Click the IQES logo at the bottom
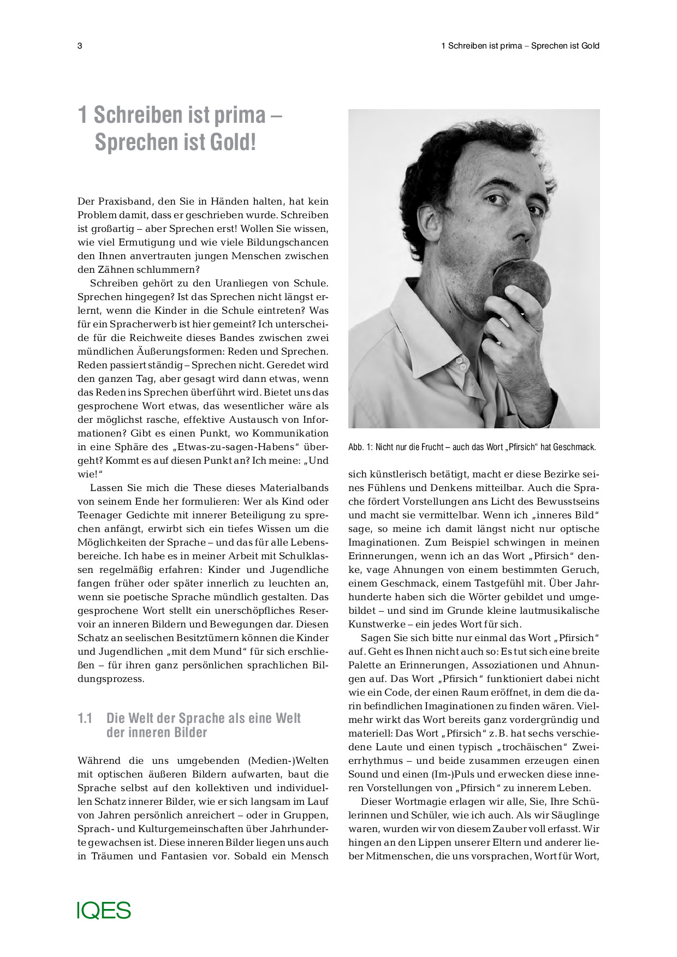coord(104,911)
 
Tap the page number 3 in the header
coord(80,46)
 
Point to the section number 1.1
coord(85,719)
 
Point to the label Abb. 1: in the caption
coord(360,447)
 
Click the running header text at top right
coord(520,46)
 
